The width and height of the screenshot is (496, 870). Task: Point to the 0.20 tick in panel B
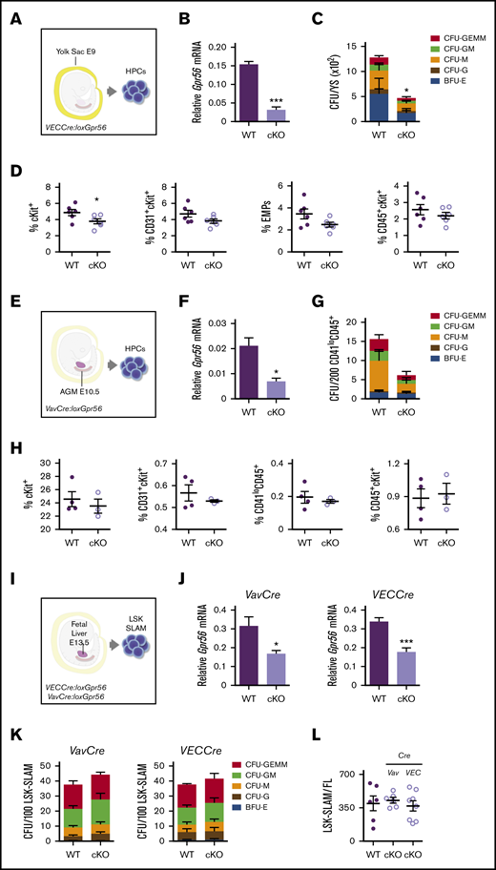pos(211,45)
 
